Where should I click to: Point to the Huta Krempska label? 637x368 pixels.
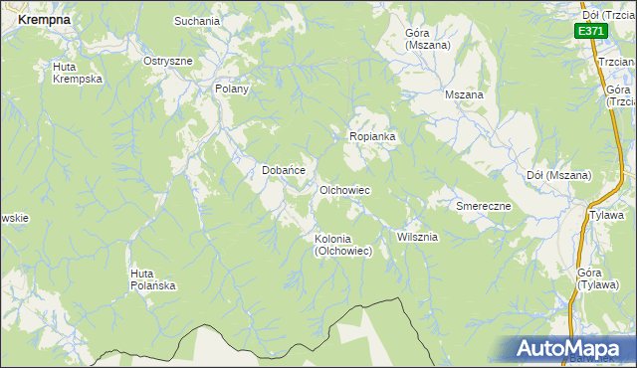[77, 73]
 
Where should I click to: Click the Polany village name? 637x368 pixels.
[231, 89]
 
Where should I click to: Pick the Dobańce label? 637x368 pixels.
[283, 170]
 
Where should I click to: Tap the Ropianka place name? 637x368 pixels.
[372, 136]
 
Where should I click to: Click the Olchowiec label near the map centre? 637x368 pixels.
[344, 190]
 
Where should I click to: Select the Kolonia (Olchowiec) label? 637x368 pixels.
[342, 245]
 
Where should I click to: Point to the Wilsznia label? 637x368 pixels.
[417, 238]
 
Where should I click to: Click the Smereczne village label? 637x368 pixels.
[483, 206]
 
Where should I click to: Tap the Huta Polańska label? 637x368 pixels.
[153, 279]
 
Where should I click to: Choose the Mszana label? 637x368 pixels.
[464, 95]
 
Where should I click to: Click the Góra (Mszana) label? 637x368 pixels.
[427, 39]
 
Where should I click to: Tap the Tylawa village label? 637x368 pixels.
[606, 215]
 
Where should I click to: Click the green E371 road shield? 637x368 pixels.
[590, 31]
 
